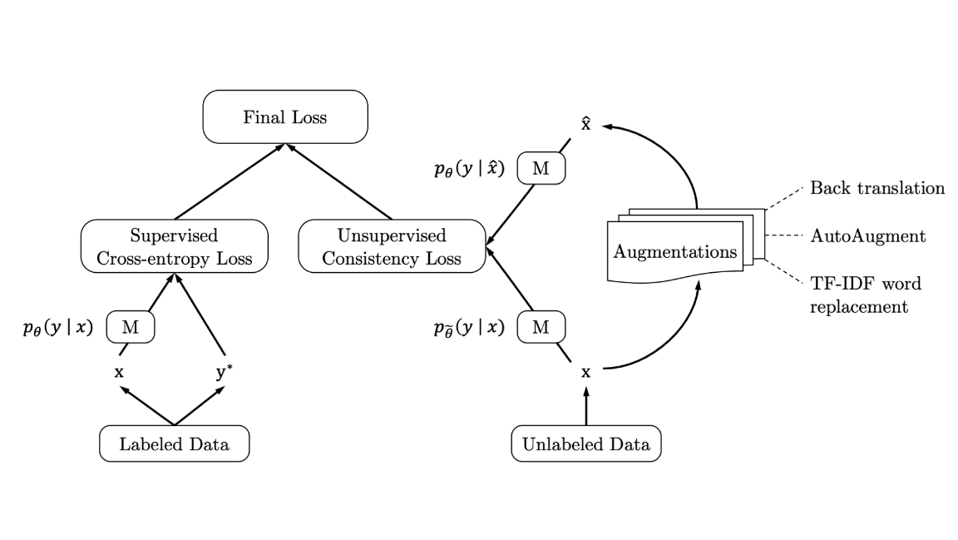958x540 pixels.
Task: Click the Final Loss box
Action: [285, 117]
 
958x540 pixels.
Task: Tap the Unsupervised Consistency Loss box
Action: [392, 246]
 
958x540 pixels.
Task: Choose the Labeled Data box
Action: [174, 444]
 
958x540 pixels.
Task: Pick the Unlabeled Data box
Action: [586, 444]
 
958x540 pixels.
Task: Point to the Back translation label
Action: [877, 188]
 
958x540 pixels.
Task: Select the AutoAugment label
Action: [867, 236]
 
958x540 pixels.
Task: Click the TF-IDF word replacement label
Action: [865, 295]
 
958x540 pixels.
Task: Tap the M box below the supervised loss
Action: [131, 328]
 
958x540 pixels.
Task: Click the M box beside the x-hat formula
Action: [541, 169]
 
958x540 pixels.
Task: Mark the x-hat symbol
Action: [585, 125]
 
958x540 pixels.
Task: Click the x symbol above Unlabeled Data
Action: [585, 373]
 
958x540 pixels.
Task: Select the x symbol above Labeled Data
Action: [119, 373]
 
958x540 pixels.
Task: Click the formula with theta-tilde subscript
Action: [469, 328]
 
